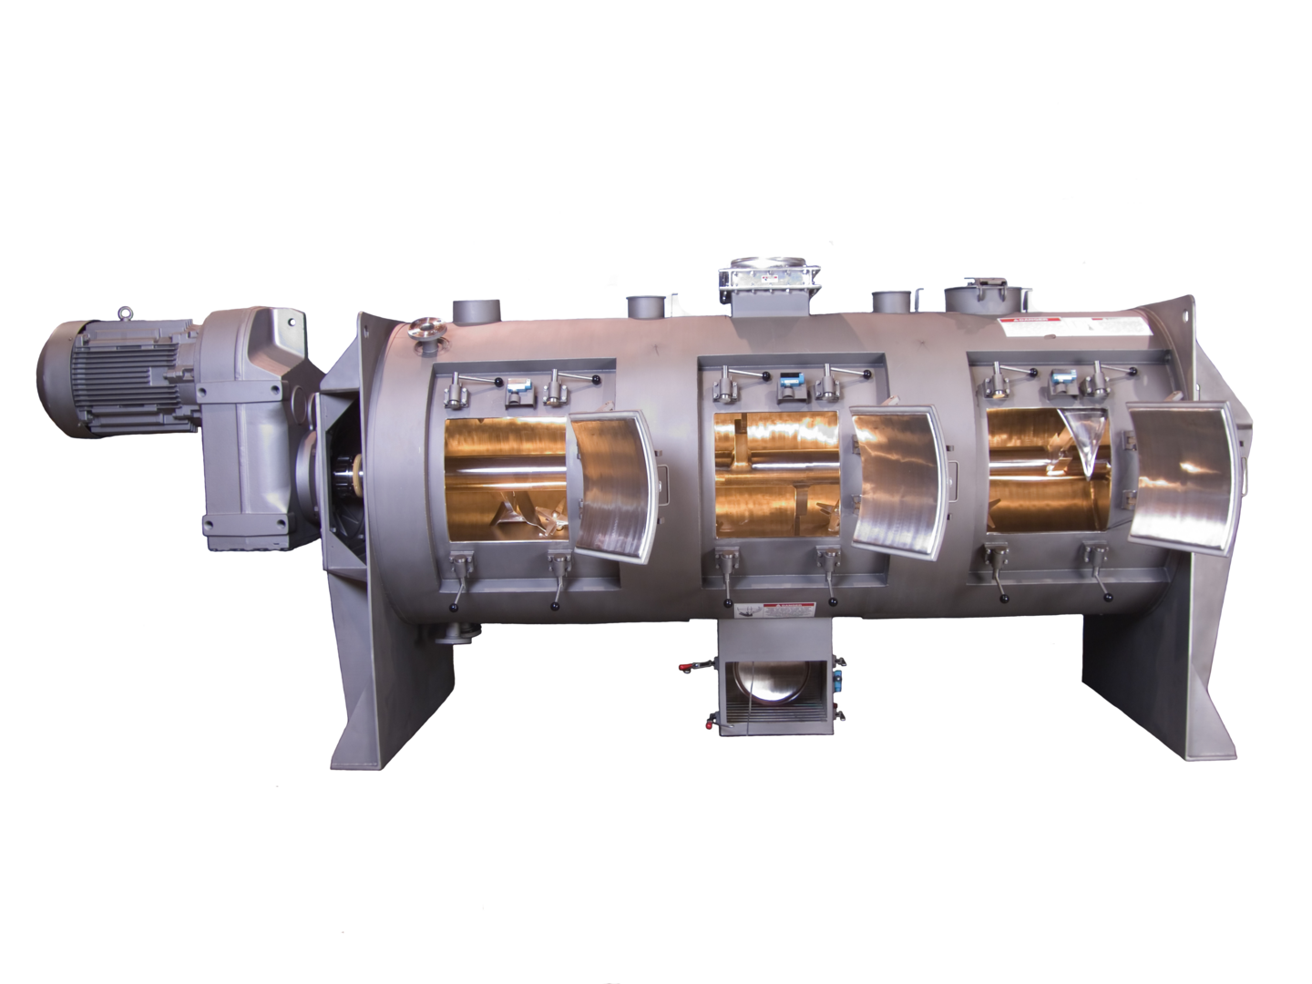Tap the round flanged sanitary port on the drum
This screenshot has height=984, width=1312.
(x=425, y=330)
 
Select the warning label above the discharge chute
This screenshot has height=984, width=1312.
(x=784, y=611)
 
